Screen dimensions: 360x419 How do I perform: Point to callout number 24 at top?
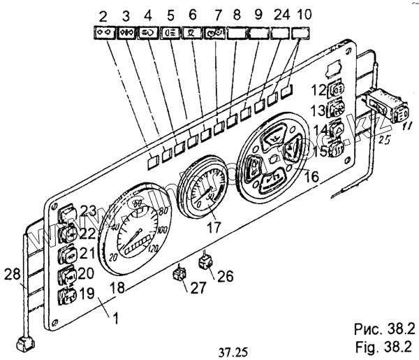point(279,15)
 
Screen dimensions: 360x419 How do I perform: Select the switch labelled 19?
point(68,294)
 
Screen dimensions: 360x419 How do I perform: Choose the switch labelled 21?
point(68,253)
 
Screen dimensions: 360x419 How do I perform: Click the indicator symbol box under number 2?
point(104,31)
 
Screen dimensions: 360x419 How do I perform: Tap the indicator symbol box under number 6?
point(189,31)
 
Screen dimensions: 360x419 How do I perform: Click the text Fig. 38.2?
point(378,345)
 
